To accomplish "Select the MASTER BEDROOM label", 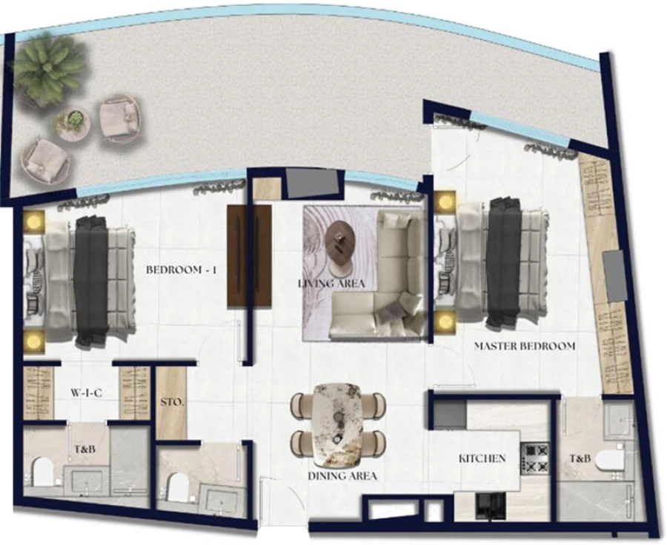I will click(524, 346).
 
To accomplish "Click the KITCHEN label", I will click(482, 459).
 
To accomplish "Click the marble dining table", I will click(337, 424).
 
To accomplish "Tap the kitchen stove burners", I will click(535, 457).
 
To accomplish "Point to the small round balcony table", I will click(73, 122).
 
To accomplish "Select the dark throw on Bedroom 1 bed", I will click(91, 280).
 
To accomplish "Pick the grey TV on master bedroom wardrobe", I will click(614, 275).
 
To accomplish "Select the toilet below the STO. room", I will click(179, 487).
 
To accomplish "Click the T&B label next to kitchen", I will click(580, 459).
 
